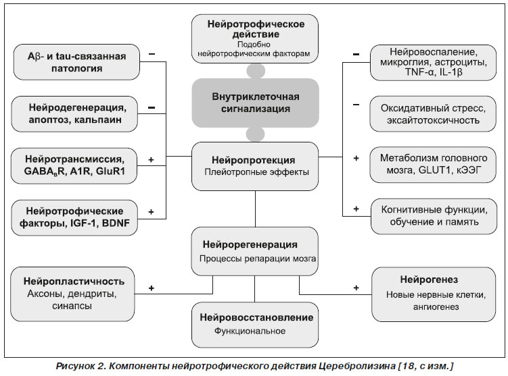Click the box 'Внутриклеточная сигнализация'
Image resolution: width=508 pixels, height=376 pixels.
point(255,103)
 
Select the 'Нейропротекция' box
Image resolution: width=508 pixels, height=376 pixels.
point(255,166)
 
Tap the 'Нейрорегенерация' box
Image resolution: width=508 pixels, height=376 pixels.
point(254,251)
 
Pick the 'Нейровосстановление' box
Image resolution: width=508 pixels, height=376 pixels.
point(255,325)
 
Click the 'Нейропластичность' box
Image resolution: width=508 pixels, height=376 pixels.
point(72,294)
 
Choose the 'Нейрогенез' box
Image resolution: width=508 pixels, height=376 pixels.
point(434,294)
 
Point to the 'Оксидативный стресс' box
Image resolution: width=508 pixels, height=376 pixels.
point(433,114)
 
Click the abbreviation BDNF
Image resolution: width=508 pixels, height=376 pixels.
point(116,223)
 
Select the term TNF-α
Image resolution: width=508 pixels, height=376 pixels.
point(419,72)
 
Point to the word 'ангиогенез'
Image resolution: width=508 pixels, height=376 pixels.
point(436,307)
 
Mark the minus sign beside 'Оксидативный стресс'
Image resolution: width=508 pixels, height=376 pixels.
point(356,105)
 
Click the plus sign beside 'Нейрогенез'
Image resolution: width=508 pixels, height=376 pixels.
point(356,288)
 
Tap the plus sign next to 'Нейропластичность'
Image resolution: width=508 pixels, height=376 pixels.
point(152,288)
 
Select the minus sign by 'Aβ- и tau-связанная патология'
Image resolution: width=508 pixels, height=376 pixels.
point(152,54)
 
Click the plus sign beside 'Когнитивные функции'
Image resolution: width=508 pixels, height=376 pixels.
point(356,209)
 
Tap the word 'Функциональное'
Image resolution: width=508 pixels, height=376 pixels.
point(250,331)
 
